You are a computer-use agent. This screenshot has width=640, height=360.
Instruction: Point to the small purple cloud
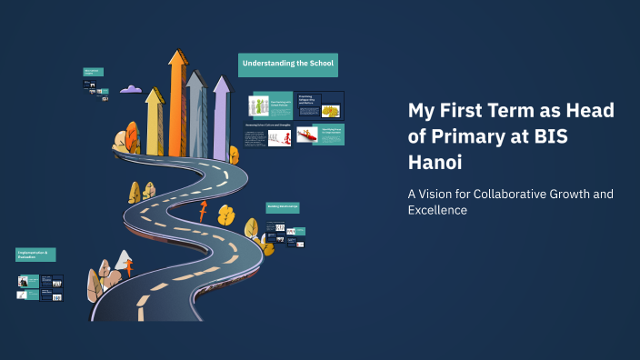pyautogui.click(x=131, y=89)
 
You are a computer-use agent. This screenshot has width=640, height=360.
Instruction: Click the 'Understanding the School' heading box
pyautogui.click(x=288, y=65)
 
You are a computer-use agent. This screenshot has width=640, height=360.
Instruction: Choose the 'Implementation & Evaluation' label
pyautogui.click(x=36, y=255)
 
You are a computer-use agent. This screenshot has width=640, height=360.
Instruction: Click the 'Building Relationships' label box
pyautogui.click(x=283, y=207)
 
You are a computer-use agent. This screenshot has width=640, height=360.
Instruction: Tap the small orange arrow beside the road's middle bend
pyautogui.click(x=202, y=212)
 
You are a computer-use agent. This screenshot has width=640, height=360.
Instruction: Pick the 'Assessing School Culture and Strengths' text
pyautogui.click(x=267, y=124)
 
